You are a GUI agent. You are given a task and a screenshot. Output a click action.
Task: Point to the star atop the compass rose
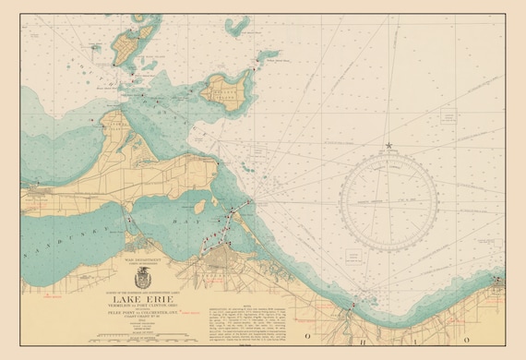click(389, 146)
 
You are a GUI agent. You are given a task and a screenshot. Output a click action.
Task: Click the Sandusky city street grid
click(218, 268)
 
